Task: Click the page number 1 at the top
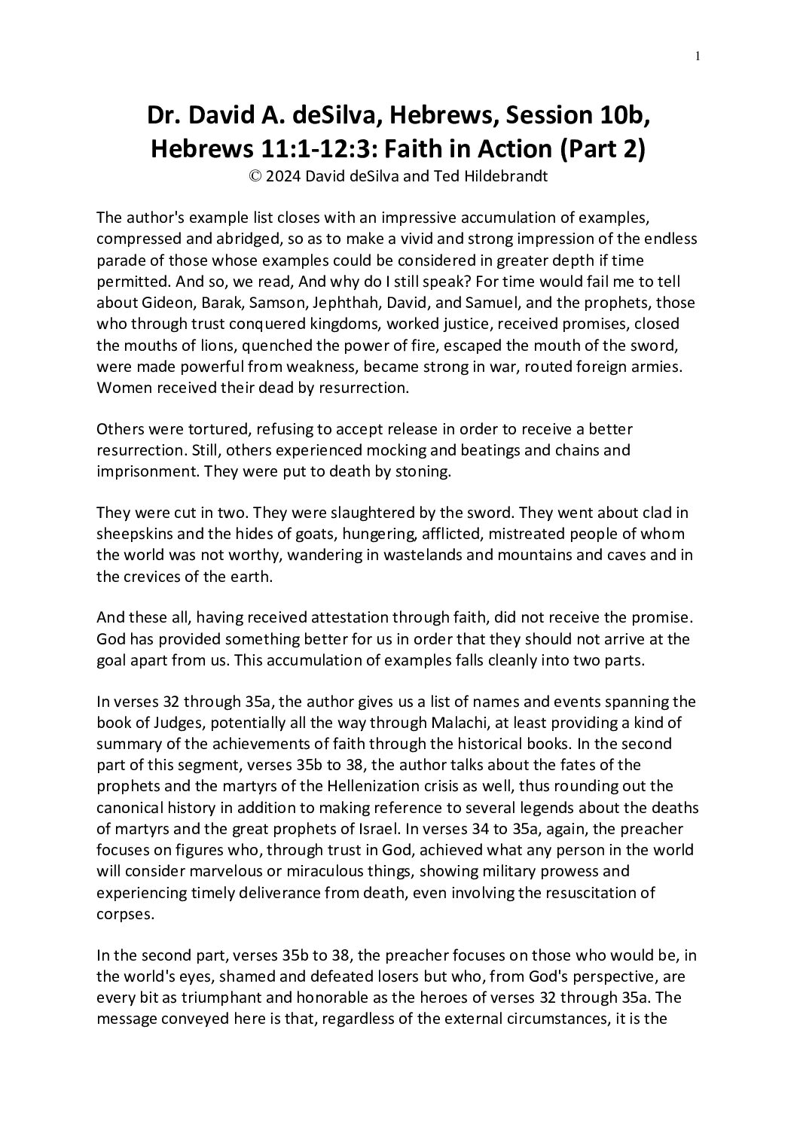pos(698,56)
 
